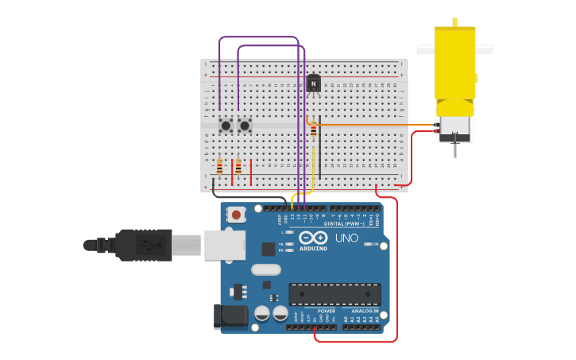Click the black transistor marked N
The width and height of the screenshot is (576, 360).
[x=314, y=83]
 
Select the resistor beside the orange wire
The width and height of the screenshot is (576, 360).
[x=314, y=130]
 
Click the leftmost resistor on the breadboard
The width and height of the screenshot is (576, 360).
[x=220, y=167]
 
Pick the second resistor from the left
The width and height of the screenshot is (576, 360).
[x=238, y=167]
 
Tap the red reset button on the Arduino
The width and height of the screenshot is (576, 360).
[x=236, y=214]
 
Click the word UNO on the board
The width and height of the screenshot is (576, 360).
[x=346, y=238]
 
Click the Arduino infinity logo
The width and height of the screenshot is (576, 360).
[x=313, y=238]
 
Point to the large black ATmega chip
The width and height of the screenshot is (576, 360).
[x=334, y=293]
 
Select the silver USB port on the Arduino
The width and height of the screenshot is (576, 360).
[x=224, y=245]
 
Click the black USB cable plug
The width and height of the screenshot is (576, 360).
[x=143, y=245]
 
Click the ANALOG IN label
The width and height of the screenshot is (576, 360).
[x=365, y=311]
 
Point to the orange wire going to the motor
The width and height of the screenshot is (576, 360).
[x=373, y=125]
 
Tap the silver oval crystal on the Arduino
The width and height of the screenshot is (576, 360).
[x=266, y=269]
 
